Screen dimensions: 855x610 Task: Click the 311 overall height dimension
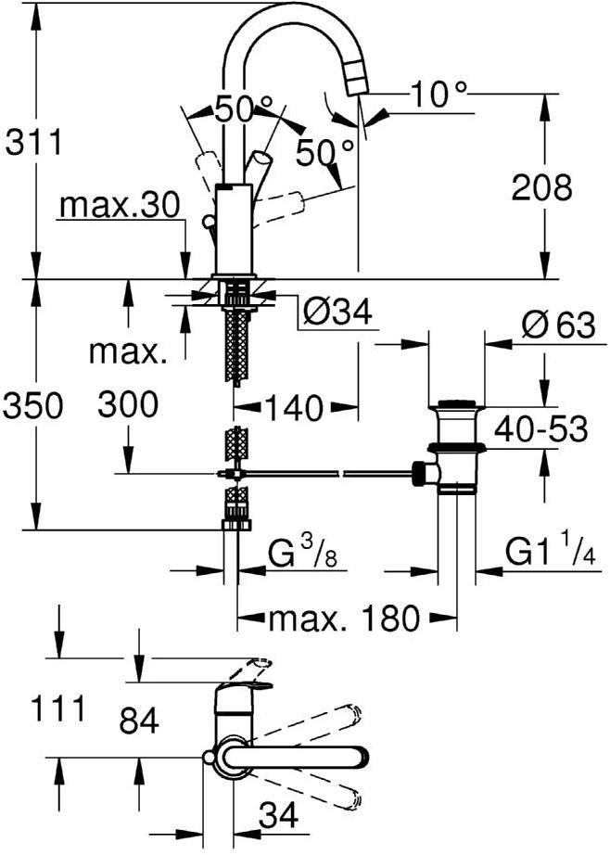[x=33, y=143]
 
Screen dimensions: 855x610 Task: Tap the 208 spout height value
[x=542, y=188]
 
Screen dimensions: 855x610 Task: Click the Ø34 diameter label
[x=337, y=313]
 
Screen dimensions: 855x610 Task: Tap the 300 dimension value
[x=127, y=404]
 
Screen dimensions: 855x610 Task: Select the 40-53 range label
[x=542, y=428]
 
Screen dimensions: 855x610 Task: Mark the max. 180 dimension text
[x=343, y=618]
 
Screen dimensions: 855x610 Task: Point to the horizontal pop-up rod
[x=324, y=474]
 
